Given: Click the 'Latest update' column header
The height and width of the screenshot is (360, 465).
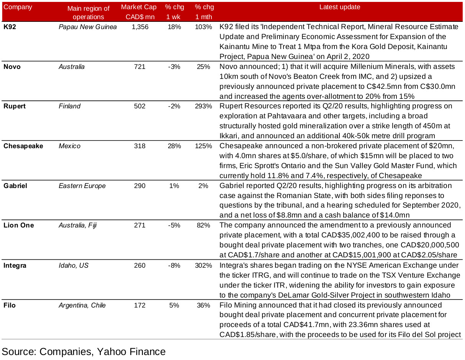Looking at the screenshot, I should click(340, 7).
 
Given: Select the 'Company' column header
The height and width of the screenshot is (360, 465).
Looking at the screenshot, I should click(18, 7).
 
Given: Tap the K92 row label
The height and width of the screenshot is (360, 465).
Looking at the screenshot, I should click(10, 27).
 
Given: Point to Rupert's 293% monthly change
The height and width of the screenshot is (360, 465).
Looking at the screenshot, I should click(203, 106).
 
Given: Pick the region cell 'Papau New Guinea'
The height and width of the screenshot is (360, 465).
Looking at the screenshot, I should click(88, 27).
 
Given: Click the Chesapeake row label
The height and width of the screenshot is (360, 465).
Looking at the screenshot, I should click(23, 146).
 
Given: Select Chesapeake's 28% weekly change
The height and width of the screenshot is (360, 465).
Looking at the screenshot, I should click(174, 146).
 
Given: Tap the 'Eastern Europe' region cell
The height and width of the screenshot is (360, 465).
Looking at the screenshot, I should click(82, 186).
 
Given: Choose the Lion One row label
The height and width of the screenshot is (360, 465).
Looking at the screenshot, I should click(18, 225).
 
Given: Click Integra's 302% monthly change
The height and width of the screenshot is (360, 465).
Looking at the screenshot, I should click(203, 265).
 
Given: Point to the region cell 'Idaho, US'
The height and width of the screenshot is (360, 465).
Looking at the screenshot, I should click(73, 265).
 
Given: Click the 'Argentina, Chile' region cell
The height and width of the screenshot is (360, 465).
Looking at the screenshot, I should click(82, 305).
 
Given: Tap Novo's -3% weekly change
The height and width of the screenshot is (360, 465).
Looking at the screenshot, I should click(174, 67).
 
